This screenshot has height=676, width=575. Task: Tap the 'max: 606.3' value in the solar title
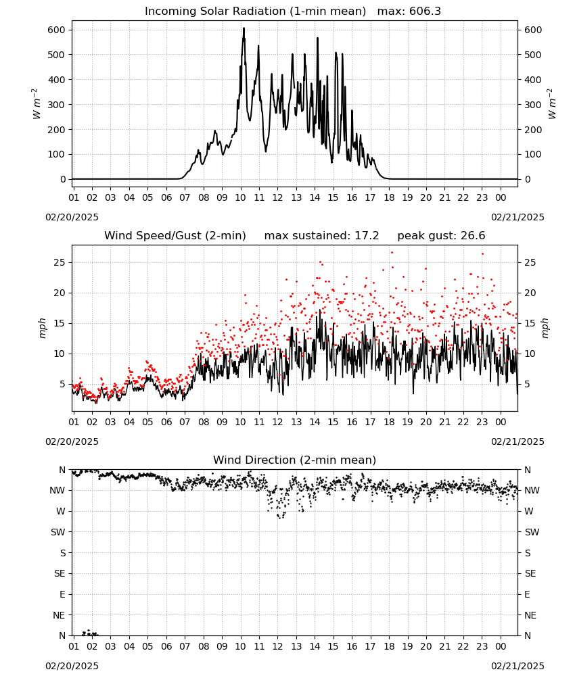409,11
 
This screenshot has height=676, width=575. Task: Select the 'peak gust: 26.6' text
441,236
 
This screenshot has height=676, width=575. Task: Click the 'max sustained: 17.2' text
321,236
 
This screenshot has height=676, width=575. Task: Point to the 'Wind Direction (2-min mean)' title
295,460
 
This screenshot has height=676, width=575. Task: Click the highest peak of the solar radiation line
244,28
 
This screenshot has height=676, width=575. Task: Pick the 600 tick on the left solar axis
57,30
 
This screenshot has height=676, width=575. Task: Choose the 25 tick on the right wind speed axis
530,262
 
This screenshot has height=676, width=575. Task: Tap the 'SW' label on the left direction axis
58,532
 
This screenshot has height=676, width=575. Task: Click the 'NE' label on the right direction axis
530,615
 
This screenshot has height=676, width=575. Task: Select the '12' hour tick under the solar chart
277,197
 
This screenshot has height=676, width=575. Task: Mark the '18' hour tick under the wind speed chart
389,422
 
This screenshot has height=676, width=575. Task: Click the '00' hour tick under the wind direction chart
501,646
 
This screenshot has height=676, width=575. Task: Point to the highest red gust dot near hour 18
392,253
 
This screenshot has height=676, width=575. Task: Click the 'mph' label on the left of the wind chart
42,328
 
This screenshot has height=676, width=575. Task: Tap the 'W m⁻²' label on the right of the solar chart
552,104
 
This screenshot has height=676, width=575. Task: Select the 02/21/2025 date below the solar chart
517,217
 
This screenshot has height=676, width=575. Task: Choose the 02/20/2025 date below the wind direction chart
72,666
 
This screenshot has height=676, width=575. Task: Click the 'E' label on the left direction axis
62,594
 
